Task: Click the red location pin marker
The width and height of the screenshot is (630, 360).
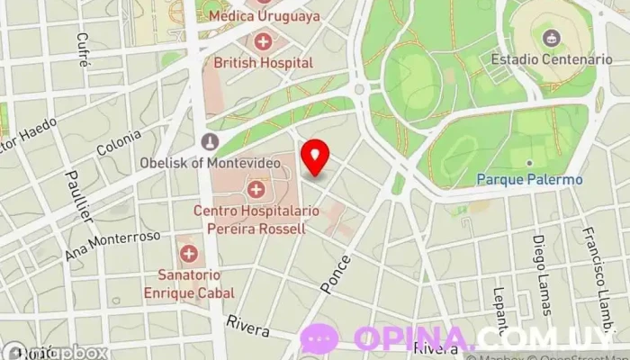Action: (x=315, y=157)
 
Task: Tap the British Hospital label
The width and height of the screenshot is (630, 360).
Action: (x=264, y=63)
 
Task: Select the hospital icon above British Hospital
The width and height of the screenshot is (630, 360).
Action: (x=263, y=40)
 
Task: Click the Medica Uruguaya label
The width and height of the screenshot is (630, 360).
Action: (x=265, y=16)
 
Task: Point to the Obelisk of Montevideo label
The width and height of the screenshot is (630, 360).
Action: (x=209, y=163)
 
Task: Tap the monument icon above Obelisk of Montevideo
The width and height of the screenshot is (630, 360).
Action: (x=210, y=141)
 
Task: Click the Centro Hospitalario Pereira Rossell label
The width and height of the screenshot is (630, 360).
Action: (x=249, y=219)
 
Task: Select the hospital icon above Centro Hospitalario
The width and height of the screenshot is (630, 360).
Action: (x=256, y=189)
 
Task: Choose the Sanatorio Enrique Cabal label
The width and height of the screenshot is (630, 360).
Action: (x=189, y=283)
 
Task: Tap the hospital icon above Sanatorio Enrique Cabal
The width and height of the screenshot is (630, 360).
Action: (x=188, y=254)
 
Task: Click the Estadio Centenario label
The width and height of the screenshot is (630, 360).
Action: (x=552, y=59)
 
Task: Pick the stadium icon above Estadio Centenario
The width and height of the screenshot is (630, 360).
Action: (x=551, y=38)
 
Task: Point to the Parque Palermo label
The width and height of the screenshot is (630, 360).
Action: (x=530, y=179)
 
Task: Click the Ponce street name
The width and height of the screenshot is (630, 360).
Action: (x=335, y=271)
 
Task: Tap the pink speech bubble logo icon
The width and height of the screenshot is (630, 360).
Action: (x=319, y=339)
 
